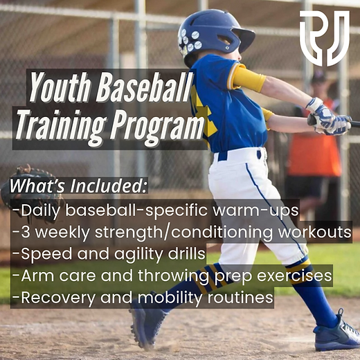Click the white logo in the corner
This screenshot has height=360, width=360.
point(325,38)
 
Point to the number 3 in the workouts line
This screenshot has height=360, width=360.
point(25,232)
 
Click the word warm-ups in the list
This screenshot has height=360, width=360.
point(255,210)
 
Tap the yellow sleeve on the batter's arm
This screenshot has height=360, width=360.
point(248,78)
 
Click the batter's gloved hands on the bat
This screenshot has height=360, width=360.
point(327,117)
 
